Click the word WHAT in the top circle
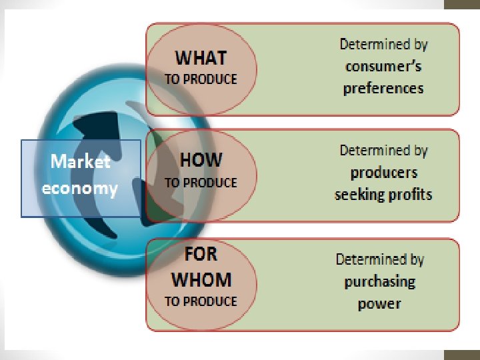[201, 58]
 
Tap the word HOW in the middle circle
[201, 161]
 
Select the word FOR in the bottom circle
[201, 254]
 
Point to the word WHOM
[201, 279]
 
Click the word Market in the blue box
[81, 161]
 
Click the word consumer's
[383, 67]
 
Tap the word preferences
[383, 89]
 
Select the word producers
[384, 173]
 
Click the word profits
[409, 195]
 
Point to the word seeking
[358, 195]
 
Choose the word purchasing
[379, 281]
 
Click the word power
[379, 304]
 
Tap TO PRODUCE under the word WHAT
[201, 79]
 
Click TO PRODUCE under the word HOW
[201, 182]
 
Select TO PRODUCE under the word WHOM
[201, 301]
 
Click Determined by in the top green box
[383, 45]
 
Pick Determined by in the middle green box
[383, 150]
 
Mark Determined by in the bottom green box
[379, 259]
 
